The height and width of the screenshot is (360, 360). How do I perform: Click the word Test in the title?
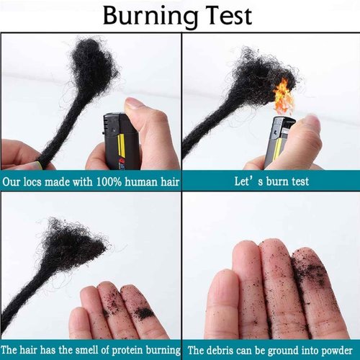pos(228,16)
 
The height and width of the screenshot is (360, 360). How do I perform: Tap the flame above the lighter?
pos(284,96)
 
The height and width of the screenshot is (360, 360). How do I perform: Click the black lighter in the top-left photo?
pos(121,140)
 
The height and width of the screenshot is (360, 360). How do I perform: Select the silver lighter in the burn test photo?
pos(278,141)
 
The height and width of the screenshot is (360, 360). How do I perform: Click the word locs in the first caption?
pos(33,181)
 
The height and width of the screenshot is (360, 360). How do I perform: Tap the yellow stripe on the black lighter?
pos(120,150)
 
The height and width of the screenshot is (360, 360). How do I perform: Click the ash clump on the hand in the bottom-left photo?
pos(144,313)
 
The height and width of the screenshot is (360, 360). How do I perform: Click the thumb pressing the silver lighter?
pos(310,130)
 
